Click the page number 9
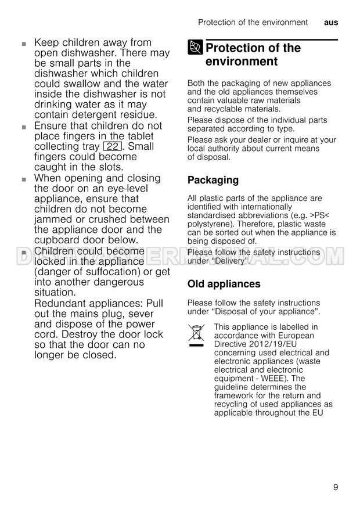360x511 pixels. point(336,487)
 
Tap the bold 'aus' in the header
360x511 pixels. point(331,23)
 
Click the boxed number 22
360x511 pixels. point(111,146)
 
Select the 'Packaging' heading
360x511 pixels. point(213,180)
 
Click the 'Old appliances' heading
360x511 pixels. point(224,284)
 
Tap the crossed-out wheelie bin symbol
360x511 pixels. point(196,335)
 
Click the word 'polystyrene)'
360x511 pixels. point(211,224)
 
